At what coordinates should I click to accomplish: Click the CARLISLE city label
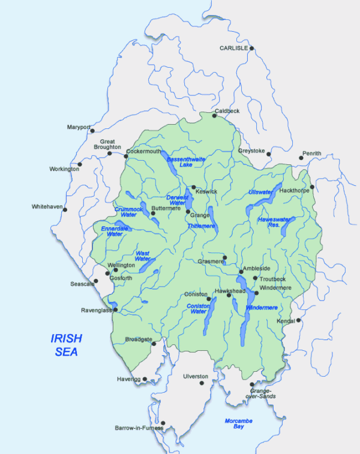(x=234, y=47)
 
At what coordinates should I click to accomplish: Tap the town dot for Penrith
(x=301, y=158)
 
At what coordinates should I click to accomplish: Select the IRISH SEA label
(x=66, y=345)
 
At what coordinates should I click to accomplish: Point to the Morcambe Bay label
(x=238, y=424)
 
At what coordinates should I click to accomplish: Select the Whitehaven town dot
(x=65, y=209)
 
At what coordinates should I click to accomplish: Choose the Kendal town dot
(x=298, y=320)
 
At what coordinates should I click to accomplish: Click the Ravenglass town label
(x=97, y=310)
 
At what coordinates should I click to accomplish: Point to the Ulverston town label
(x=196, y=376)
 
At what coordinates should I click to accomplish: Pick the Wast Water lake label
(x=143, y=255)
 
